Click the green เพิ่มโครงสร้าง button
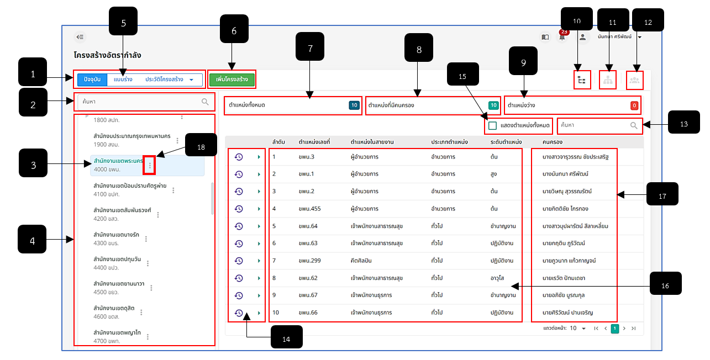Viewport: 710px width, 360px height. click(232, 79)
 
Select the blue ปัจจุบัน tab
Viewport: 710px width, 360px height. click(92, 79)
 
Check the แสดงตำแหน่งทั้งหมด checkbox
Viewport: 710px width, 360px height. click(492, 125)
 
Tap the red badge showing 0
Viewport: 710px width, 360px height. click(634, 105)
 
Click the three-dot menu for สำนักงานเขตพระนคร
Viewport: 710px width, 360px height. click(150, 165)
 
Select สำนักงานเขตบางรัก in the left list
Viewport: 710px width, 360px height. click(117, 235)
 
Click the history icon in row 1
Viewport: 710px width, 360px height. click(239, 157)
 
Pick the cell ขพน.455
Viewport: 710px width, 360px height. click(309, 209)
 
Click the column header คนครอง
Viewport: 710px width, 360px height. click(553, 142)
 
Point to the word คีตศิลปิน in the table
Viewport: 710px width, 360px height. click(361, 261)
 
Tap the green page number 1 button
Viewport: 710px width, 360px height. click(615, 329)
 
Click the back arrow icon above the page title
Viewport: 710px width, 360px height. click(80, 37)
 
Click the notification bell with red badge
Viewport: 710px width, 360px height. click(562, 36)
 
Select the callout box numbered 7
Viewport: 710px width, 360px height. click(309, 46)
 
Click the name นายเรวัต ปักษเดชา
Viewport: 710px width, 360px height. click(564, 278)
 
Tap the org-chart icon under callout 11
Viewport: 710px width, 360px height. click(608, 80)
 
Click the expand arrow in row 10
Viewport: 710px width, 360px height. click(259, 313)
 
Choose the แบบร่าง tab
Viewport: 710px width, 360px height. click(123, 79)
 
